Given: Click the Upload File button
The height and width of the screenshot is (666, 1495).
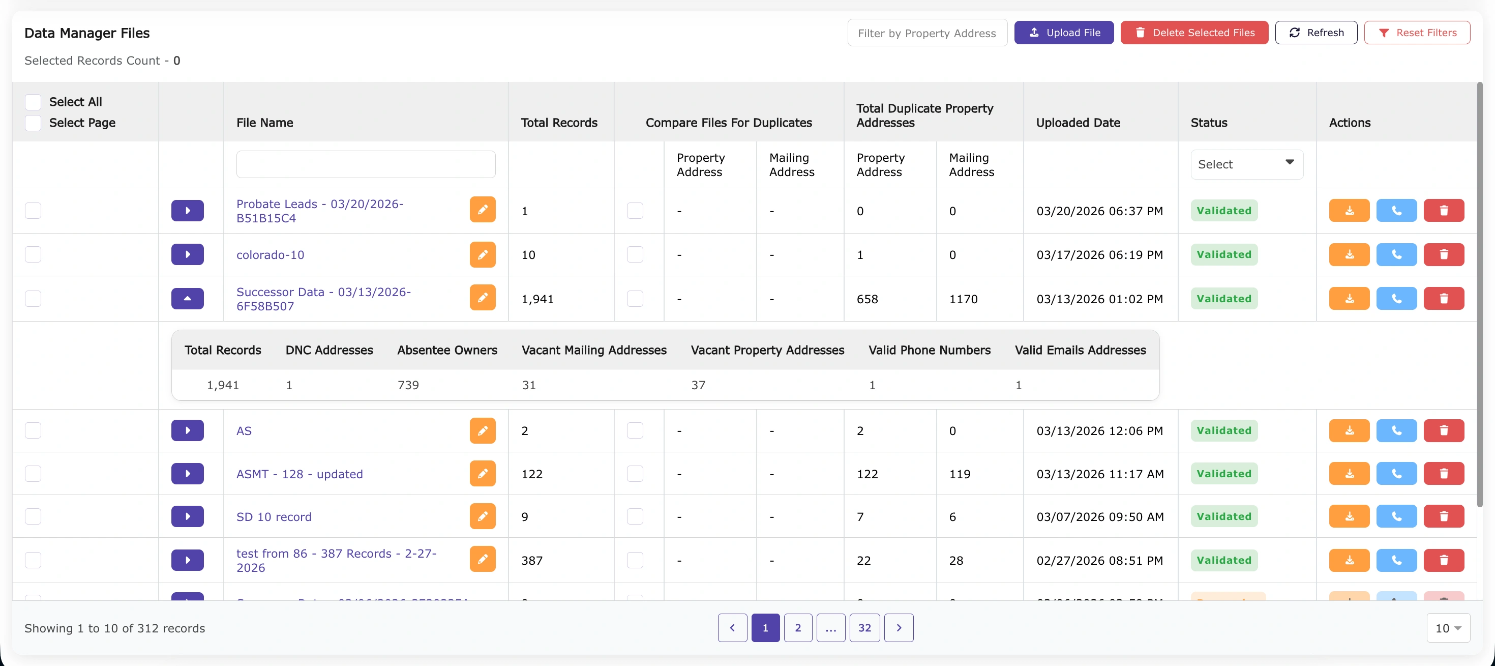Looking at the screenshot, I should click(x=1063, y=33).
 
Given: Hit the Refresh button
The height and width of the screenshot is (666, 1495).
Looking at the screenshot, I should click(x=1315, y=33).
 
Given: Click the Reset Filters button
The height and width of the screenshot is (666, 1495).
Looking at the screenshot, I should click(x=1417, y=33).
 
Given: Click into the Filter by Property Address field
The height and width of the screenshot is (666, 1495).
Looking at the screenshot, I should click(x=927, y=33).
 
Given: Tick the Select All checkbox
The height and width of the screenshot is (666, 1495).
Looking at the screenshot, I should click(x=33, y=102).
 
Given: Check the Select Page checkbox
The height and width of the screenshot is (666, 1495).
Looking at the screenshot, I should click(x=33, y=123).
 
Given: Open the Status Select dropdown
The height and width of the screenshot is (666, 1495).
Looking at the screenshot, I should click(x=1246, y=164).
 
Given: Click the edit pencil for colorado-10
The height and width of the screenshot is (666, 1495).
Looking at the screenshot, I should click(x=482, y=255).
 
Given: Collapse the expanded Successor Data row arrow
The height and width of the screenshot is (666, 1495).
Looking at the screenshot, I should click(x=188, y=299).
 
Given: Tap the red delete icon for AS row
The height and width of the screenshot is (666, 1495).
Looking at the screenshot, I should click(x=1443, y=431).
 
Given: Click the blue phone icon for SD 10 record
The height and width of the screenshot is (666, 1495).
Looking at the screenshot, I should click(x=1396, y=517).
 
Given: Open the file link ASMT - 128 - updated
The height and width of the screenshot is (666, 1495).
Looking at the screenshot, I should click(x=300, y=474).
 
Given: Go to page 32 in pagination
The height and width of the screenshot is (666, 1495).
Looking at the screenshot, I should click(x=864, y=628).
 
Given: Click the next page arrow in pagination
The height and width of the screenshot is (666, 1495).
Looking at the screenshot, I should click(x=899, y=628).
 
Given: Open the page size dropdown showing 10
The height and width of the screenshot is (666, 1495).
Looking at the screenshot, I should click(x=1448, y=628).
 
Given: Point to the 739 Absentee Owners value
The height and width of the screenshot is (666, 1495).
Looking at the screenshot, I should click(x=408, y=385).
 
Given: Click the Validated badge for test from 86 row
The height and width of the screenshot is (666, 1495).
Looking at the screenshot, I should click(x=1223, y=560).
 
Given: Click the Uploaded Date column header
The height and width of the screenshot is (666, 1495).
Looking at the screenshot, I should click(x=1078, y=123).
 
